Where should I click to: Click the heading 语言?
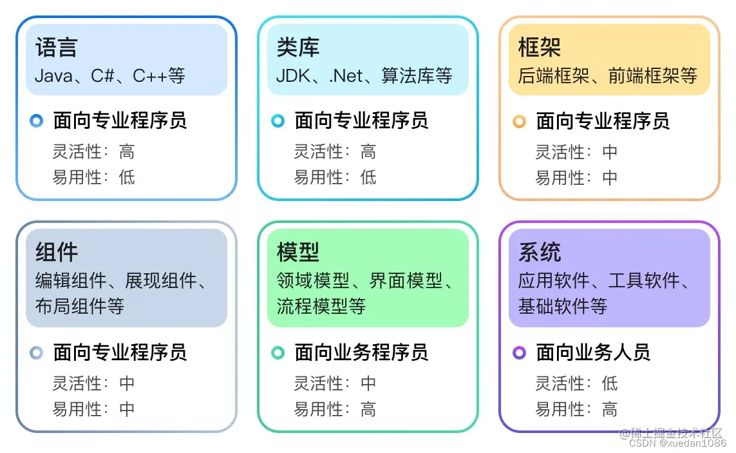click(56, 48)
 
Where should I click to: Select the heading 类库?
click(297, 48)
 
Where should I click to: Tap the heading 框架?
click(539, 48)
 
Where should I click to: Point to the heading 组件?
click(56, 252)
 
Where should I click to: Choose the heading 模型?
click(297, 252)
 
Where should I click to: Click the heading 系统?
click(539, 252)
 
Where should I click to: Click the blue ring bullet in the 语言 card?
click(37, 120)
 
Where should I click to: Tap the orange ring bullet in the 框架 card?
click(519, 121)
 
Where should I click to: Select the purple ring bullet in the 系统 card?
click(519, 352)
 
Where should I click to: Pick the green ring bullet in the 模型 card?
click(278, 352)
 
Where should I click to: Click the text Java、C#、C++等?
click(109, 76)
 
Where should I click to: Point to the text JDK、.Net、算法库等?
click(364, 76)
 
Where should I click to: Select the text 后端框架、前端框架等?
click(607, 76)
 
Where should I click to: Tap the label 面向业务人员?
click(593, 352)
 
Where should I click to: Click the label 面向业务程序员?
click(361, 352)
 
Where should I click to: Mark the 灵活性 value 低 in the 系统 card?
click(609, 384)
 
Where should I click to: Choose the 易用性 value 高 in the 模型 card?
click(368, 409)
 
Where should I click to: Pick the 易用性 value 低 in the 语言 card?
click(127, 177)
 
